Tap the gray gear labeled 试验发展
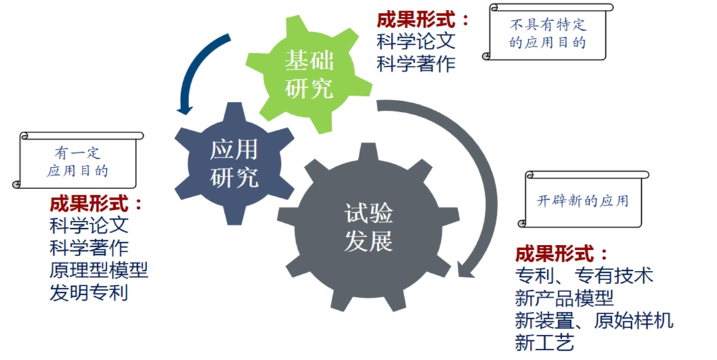tap(369, 227)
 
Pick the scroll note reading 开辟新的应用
tap(583, 200)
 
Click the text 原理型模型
tap(99, 270)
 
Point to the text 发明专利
tap(89, 292)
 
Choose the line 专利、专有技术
tap(584, 275)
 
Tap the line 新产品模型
tap(564, 297)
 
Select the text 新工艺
tap(545, 342)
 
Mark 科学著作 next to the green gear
tap(416, 64)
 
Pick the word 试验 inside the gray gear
tap(369, 214)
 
